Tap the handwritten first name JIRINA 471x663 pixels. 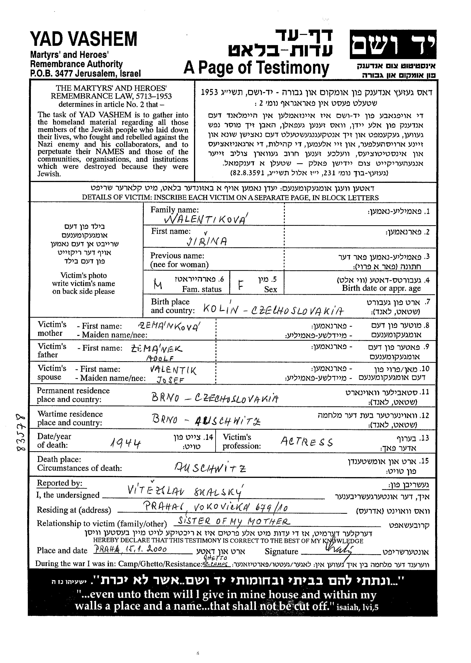206,241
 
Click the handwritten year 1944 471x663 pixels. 126,443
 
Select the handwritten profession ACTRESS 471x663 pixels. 307,442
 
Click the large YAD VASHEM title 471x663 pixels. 84,40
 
